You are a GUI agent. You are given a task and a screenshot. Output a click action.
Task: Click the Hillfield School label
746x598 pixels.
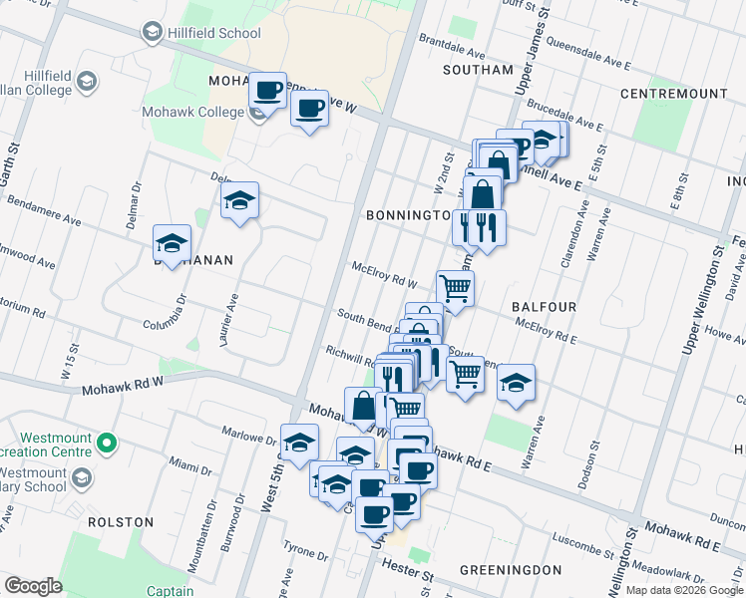213,33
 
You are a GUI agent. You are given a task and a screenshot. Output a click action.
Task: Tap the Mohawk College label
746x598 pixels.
192,112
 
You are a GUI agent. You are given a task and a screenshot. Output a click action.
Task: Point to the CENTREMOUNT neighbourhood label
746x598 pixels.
673,94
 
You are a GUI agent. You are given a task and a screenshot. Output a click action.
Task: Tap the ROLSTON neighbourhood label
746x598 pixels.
121,521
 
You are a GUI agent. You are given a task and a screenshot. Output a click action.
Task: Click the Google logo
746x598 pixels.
33,586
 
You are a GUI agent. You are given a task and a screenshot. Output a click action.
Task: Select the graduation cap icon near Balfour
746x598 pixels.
516,383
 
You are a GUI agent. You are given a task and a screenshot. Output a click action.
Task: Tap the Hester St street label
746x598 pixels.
409,575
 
